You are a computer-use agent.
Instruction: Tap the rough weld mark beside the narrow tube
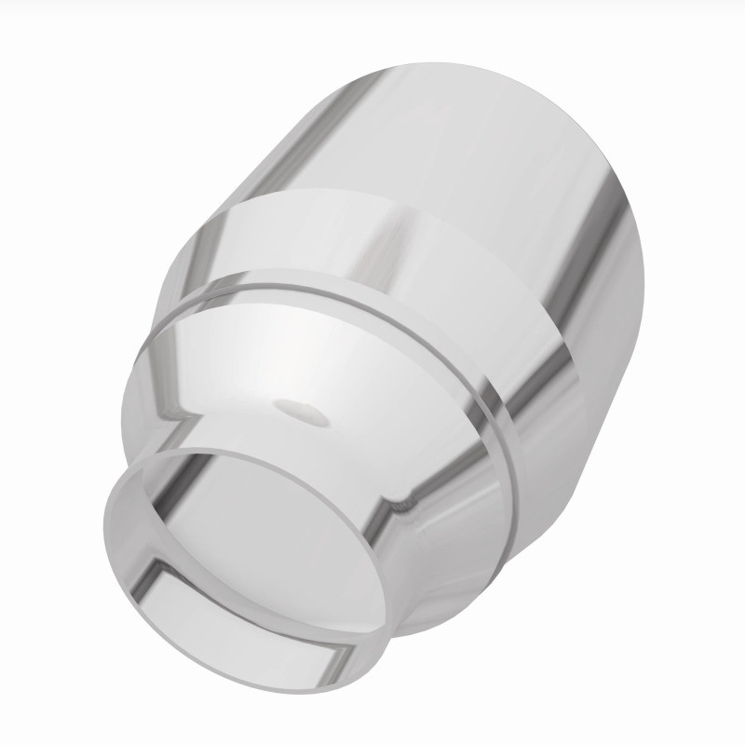[407, 504]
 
